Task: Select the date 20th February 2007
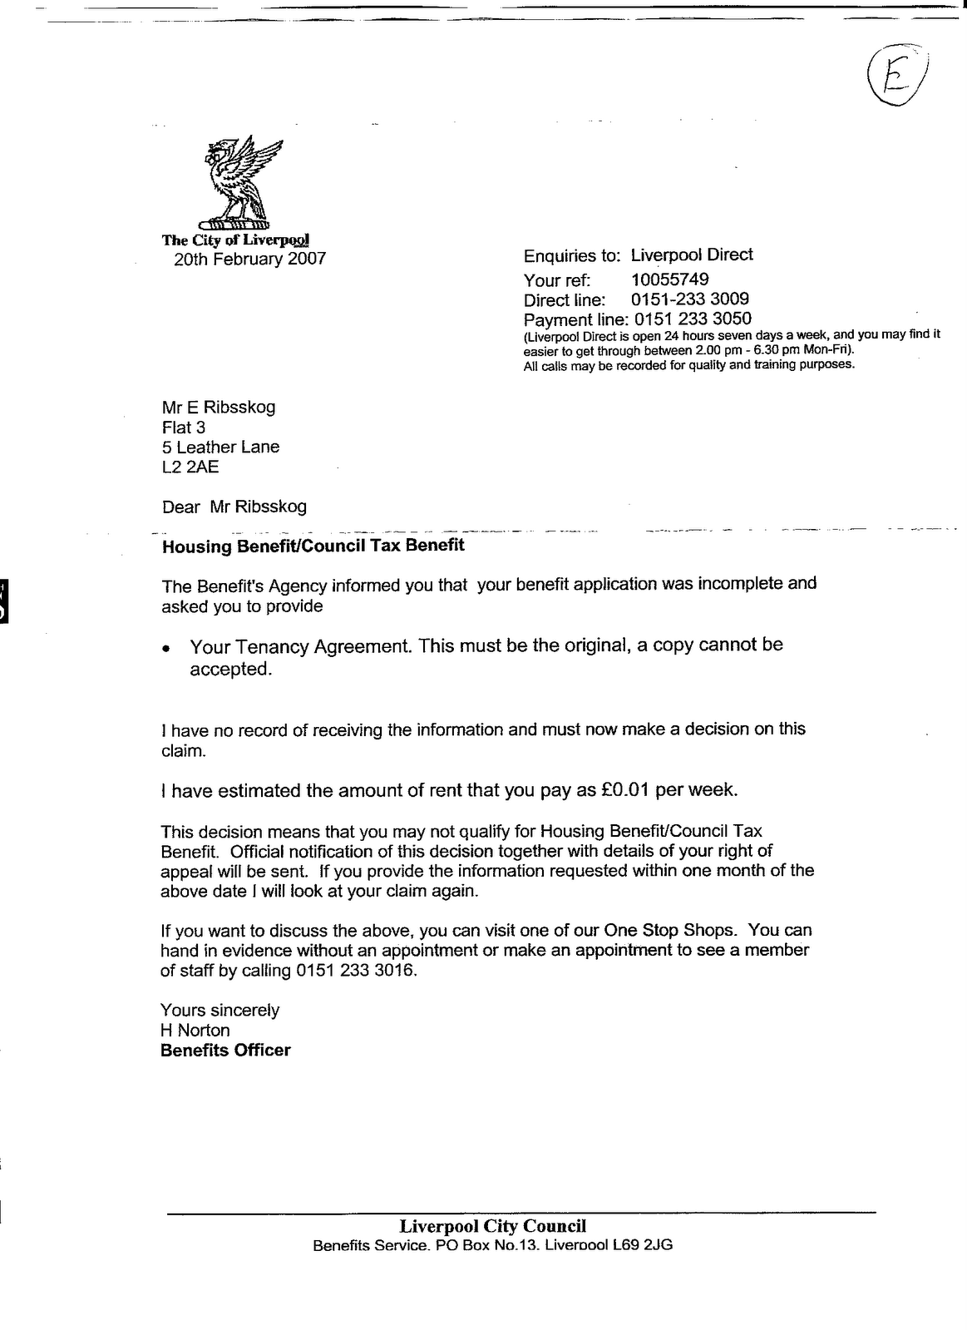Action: tap(249, 260)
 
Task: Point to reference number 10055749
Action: tap(669, 279)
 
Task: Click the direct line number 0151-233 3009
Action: tap(689, 299)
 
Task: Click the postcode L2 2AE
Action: tap(190, 467)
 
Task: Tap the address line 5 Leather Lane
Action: tap(220, 447)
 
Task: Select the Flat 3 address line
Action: tap(184, 428)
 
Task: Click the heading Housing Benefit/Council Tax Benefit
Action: tap(313, 546)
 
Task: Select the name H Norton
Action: tap(195, 1031)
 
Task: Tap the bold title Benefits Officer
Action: tap(225, 1051)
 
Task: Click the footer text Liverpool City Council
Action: tap(492, 1226)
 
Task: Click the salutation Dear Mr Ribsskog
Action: tap(234, 507)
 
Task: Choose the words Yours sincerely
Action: tap(220, 1011)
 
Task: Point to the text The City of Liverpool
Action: tap(235, 240)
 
